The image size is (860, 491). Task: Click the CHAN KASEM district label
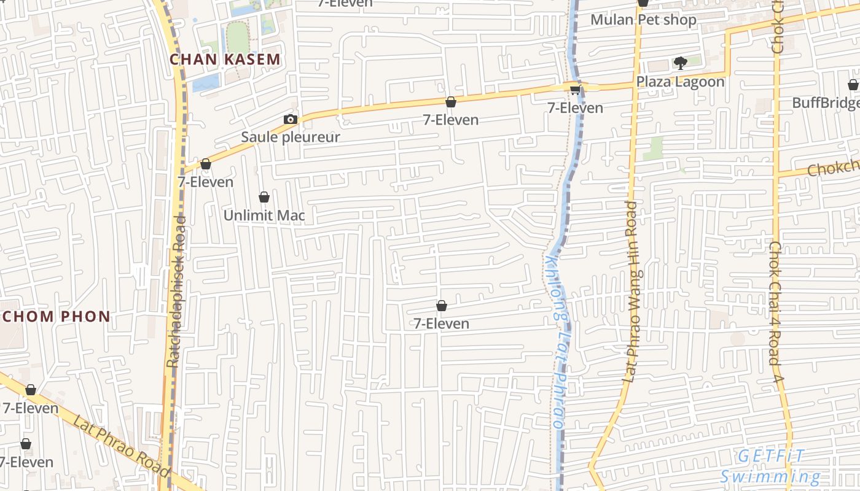(x=225, y=60)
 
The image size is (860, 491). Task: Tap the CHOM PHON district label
(x=57, y=317)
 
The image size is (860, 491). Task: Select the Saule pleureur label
(x=290, y=137)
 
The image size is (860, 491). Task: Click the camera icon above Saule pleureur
(x=291, y=119)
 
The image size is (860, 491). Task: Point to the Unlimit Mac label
(x=264, y=215)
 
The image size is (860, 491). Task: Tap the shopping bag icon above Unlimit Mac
(x=264, y=197)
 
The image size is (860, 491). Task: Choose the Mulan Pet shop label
(x=643, y=20)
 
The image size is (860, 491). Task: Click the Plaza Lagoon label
(x=680, y=82)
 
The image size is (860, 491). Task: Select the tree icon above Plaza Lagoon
(x=680, y=63)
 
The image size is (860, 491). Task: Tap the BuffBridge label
(x=825, y=102)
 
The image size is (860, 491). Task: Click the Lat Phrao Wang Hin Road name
(x=631, y=292)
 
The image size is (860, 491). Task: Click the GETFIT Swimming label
(x=771, y=466)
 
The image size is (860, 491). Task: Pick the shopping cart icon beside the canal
(x=575, y=90)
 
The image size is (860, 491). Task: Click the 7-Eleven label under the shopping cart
(x=575, y=108)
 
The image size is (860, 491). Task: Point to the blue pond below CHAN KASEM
(x=205, y=83)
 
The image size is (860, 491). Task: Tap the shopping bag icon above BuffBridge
(x=853, y=85)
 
